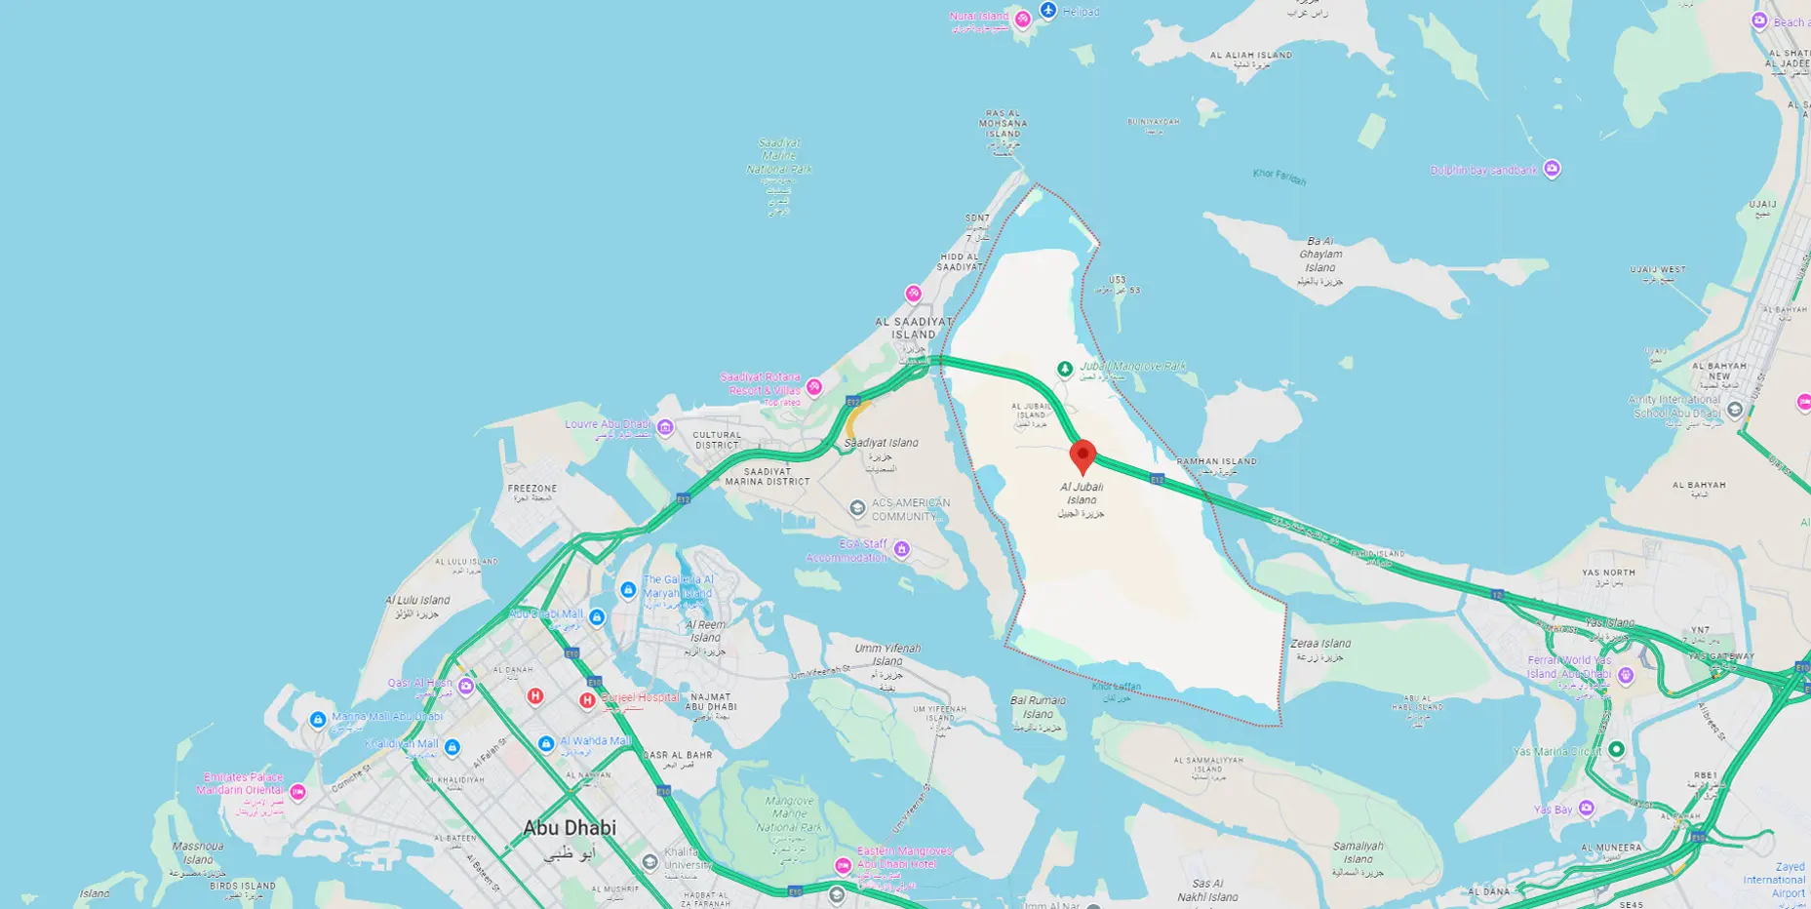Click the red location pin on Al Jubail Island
coord(1083,455)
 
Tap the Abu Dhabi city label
coord(570,828)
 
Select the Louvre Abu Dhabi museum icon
coord(665,426)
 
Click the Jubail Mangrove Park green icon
coord(1065,369)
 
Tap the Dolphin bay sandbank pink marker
coord(1552,169)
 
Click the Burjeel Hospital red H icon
coord(587,700)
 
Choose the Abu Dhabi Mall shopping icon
coord(597,616)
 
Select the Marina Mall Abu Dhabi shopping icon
coord(318,720)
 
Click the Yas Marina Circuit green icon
coord(1616,749)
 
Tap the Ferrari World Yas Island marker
coord(1626,674)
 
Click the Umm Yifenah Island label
coord(886,654)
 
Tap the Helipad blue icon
coord(1048,11)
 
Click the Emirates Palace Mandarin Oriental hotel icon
coord(298,792)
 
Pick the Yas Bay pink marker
coord(1587,808)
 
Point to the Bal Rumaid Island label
coord(1038,707)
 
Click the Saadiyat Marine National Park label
coord(779,156)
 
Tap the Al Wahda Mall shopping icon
coord(546,743)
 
